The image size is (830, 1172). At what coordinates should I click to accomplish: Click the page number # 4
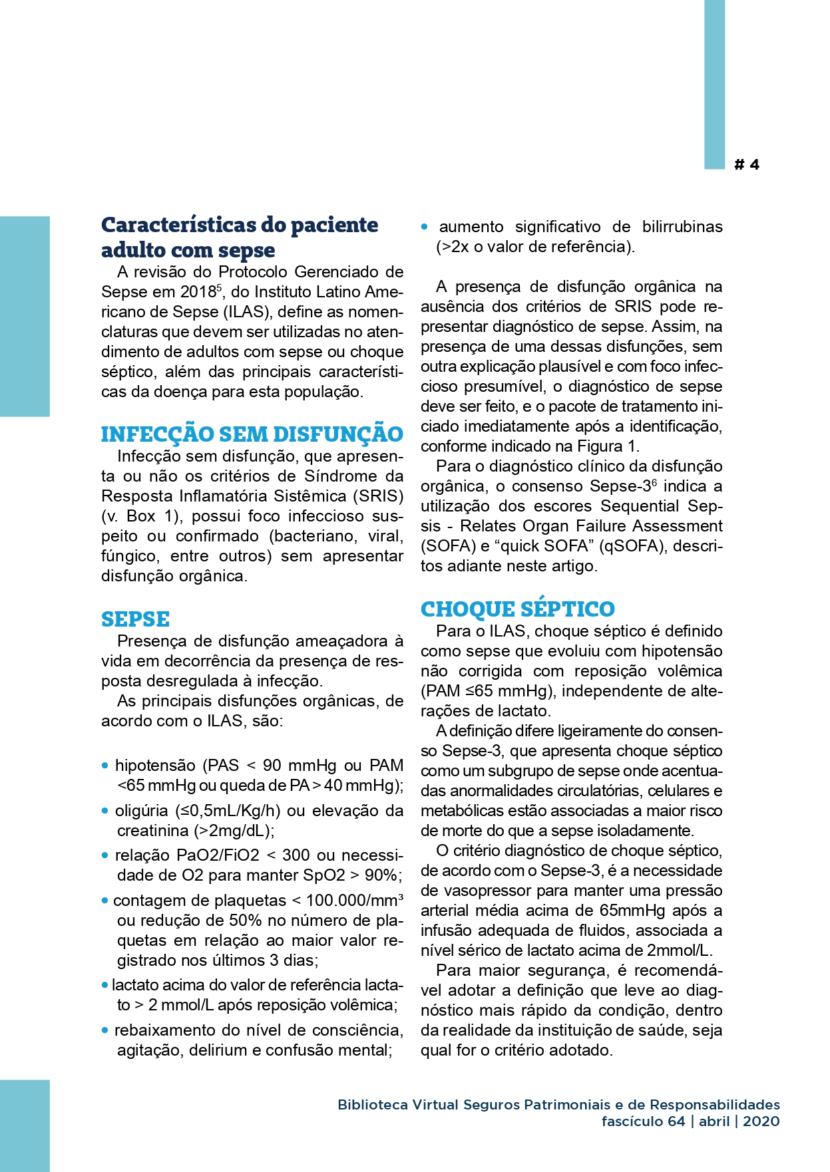[747, 164]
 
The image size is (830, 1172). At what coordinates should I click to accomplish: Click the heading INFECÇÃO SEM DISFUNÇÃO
[252, 434]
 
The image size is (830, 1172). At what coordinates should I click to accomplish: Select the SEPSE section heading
[135, 619]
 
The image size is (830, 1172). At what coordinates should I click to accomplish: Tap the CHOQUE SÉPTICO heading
[517, 609]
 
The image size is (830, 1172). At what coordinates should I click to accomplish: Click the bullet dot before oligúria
[105, 811]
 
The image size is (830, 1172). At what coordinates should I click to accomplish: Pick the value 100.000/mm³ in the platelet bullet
[354, 901]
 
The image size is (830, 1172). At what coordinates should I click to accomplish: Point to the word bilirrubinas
[682, 227]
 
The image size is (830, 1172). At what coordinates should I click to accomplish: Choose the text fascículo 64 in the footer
[643, 1121]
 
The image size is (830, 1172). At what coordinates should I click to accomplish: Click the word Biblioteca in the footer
[372, 1105]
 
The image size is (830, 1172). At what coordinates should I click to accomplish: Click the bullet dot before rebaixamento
[105, 1030]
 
